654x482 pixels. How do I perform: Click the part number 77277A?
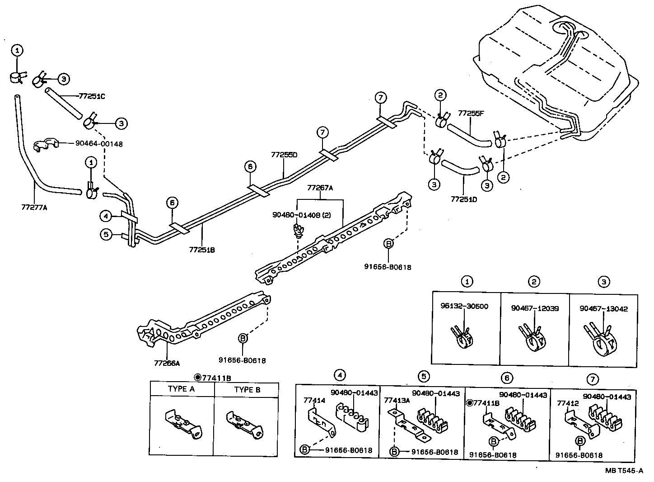[34, 208]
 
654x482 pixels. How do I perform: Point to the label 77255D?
[284, 155]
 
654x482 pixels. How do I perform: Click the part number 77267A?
[320, 188]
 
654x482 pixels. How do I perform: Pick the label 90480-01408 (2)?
[301, 215]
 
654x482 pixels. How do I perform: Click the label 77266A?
[167, 363]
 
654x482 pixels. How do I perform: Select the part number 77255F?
[471, 113]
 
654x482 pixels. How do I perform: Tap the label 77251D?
[464, 199]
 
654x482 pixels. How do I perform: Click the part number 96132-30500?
[464, 306]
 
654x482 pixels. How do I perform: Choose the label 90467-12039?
[535, 308]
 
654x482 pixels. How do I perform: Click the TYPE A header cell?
[182, 389]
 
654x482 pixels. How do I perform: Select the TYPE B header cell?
[247, 389]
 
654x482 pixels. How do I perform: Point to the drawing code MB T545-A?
[624, 470]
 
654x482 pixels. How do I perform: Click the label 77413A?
[397, 400]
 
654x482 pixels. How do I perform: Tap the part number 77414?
[314, 401]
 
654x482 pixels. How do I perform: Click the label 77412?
[567, 403]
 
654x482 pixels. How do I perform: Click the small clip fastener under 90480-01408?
[298, 231]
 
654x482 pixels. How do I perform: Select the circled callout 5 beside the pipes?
[106, 235]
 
